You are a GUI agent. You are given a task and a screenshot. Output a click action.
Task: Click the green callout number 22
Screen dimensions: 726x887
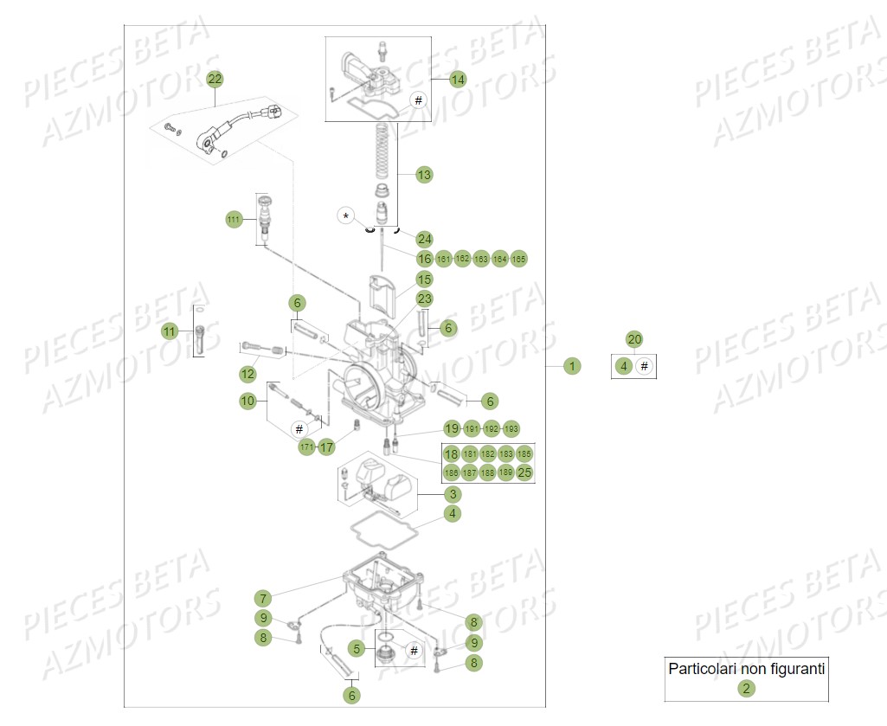point(215,80)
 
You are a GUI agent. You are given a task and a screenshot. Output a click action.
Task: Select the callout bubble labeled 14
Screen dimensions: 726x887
point(457,80)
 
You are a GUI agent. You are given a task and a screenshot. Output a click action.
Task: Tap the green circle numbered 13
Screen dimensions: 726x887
point(423,175)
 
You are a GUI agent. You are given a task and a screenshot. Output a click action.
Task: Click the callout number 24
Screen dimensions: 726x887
point(424,239)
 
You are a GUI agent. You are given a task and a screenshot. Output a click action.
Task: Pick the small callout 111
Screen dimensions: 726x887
point(234,221)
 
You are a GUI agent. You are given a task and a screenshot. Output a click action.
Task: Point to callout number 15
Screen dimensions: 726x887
point(424,279)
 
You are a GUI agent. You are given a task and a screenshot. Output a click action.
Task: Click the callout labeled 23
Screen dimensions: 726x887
point(424,299)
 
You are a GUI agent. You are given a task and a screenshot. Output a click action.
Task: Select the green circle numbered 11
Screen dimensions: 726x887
point(170,331)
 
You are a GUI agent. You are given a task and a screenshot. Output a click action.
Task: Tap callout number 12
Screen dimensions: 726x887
point(248,374)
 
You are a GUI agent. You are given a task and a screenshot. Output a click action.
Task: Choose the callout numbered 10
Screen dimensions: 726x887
point(248,401)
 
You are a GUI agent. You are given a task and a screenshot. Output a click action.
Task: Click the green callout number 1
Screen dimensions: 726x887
point(571,366)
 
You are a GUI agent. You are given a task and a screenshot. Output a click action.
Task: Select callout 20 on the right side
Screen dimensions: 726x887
point(634,339)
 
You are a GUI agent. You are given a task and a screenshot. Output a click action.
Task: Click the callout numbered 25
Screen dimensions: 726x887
point(524,472)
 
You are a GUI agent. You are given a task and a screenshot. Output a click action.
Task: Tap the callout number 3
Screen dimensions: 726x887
point(453,494)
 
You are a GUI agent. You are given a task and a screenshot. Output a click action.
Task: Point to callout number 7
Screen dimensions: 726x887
point(263,598)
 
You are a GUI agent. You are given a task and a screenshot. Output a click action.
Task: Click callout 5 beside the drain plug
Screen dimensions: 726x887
point(356,647)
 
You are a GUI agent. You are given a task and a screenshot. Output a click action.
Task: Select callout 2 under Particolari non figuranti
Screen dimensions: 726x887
point(746,689)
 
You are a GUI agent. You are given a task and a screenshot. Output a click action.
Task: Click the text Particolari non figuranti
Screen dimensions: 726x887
point(747,668)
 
